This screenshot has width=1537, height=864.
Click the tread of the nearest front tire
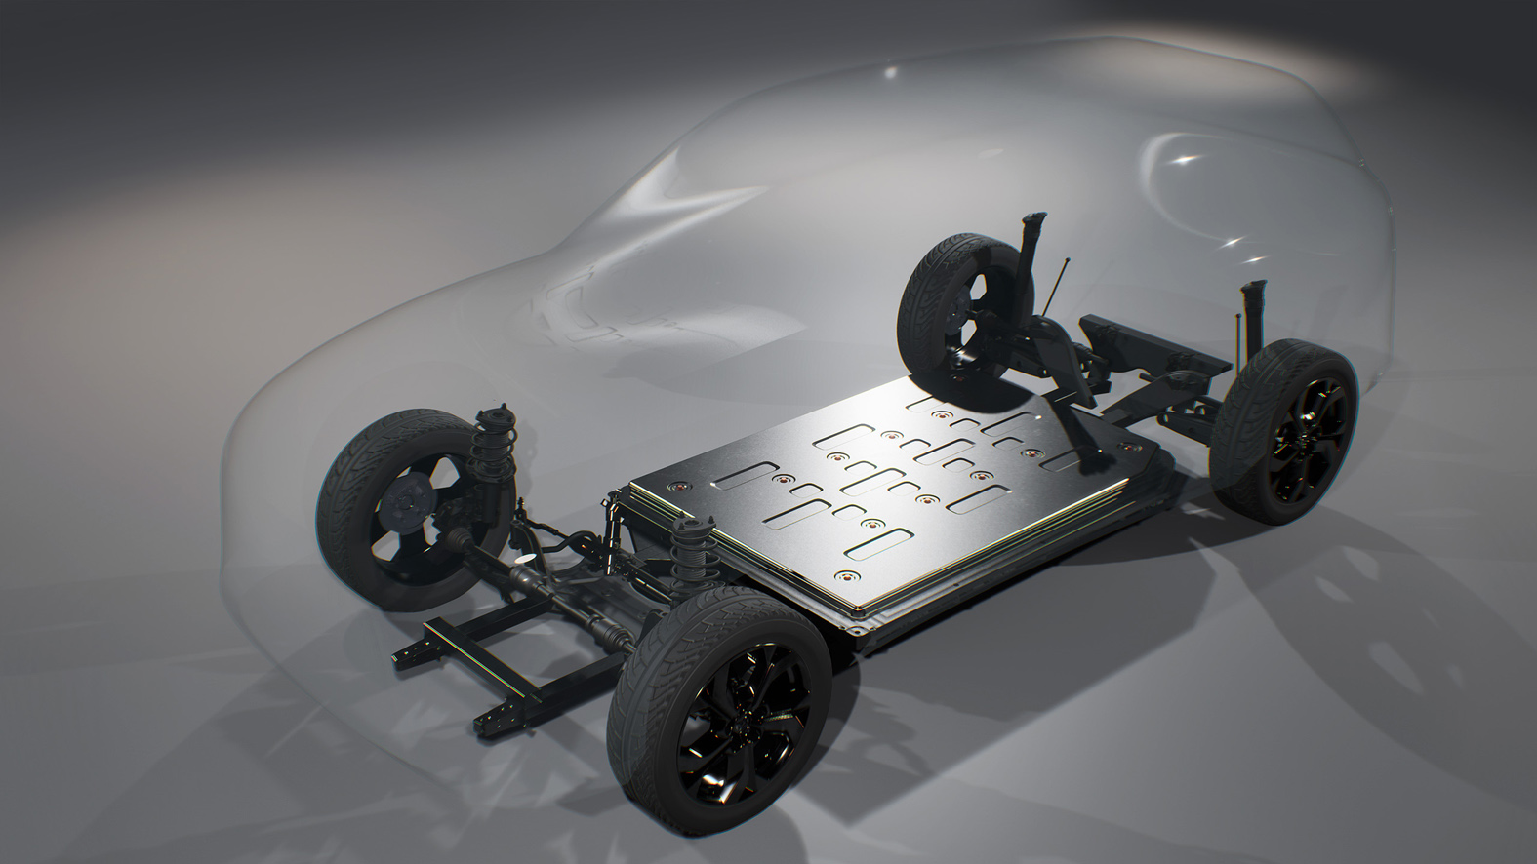tap(649, 673)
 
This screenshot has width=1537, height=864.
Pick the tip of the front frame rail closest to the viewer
tap(485, 723)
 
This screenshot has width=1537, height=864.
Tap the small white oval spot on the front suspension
tap(524, 559)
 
